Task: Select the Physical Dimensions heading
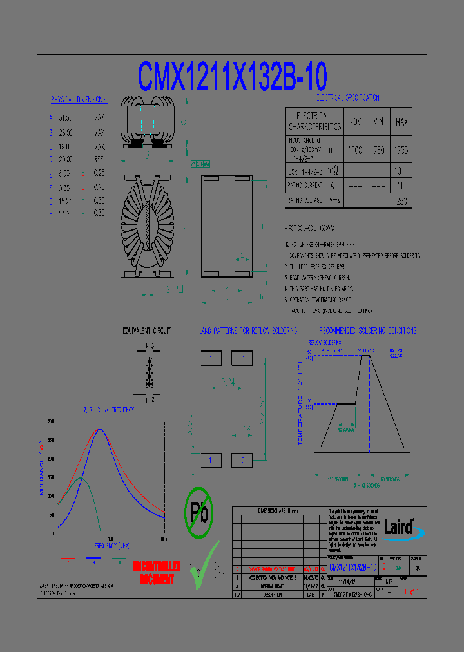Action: coord(79,100)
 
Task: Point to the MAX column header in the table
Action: coord(401,122)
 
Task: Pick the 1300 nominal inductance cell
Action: coord(355,149)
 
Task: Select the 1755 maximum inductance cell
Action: coord(401,149)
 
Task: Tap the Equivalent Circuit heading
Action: coord(147,331)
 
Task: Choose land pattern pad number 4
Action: coord(211,358)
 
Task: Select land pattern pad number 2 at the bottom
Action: coord(242,460)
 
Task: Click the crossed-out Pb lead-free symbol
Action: coord(198,512)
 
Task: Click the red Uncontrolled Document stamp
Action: coord(157,573)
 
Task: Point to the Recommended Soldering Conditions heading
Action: coord(367,331)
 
